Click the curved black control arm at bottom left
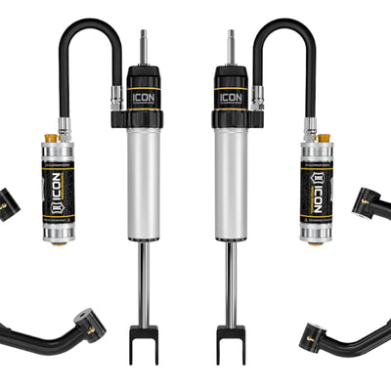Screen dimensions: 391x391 (59, 332)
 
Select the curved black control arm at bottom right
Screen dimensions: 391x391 (332, 332)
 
